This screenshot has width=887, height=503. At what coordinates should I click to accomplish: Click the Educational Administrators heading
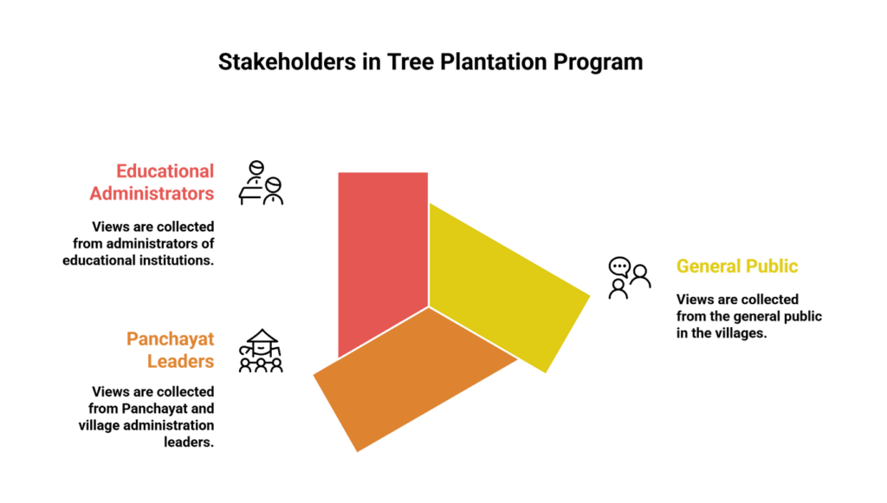[152, 182]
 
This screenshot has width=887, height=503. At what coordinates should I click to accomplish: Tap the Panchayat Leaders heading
[171, 349]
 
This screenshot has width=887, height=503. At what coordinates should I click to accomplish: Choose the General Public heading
[737, 266]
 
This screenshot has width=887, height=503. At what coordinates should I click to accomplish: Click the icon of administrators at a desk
[261, 183]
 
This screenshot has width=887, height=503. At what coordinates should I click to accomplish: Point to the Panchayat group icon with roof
[261, 351]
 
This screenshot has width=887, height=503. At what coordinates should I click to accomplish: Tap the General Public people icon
[629, 278]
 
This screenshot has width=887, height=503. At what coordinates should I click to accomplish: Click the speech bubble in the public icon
[618, 266]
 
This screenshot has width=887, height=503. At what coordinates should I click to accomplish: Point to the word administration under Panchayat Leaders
[173, 425]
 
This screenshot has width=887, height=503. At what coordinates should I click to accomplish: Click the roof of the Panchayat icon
[261, 338]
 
